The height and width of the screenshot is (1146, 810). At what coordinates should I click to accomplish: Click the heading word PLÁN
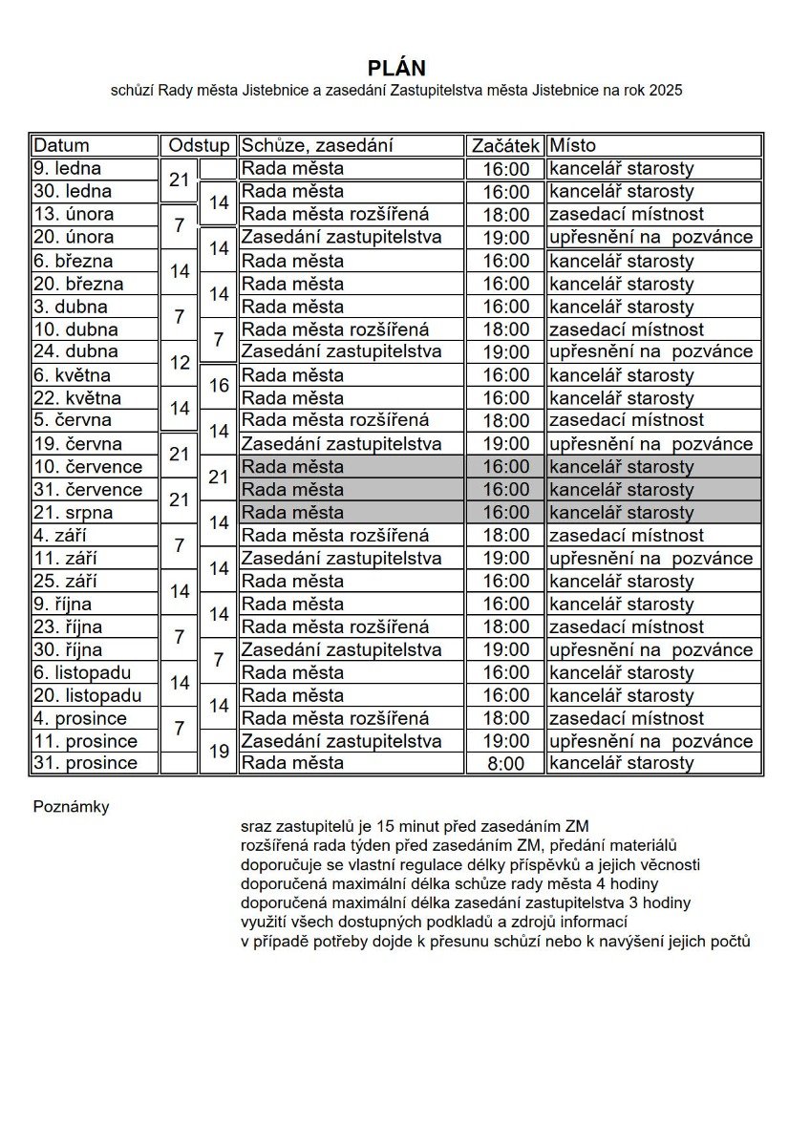click(396, 68)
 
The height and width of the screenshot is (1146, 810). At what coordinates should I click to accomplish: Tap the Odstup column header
click(199, 145)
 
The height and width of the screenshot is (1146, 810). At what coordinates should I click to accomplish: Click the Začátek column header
click(505, 145)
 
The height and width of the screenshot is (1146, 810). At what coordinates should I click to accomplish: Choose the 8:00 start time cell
click(505, 763)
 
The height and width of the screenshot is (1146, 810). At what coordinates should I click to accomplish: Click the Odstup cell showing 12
click(180, 363)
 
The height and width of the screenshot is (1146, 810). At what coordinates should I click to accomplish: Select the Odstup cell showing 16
click(219, 386)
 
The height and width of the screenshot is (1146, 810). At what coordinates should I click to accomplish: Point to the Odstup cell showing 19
click(219, 751)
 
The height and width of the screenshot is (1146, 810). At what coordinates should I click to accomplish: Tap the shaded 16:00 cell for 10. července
click(505, 467)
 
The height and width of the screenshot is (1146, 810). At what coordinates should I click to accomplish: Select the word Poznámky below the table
click(71, 807)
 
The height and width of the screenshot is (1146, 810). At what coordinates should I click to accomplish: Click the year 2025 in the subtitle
click(664, 91)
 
